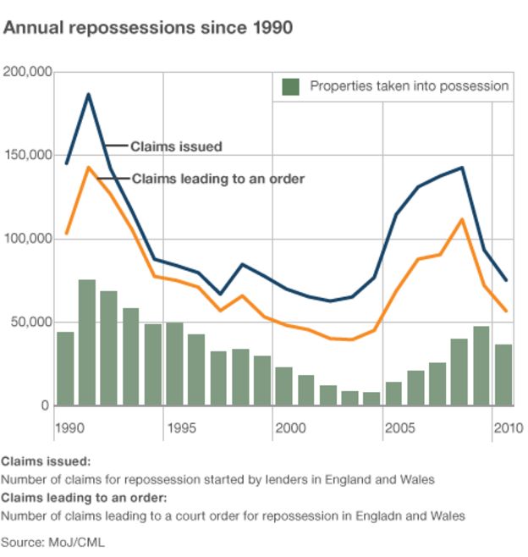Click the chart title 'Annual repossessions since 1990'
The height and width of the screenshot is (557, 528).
[149, 28]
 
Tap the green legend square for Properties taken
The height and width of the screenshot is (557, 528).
[291, 86]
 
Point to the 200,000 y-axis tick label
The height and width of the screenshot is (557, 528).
[28, 72]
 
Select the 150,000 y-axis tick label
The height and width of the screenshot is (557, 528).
[28, 156]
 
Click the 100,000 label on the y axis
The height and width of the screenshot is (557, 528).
[28, 240]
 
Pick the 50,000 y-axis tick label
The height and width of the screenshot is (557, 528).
[31, 323]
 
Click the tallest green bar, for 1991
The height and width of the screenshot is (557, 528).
[87, 343]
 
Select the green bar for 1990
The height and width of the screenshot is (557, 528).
[65, 369]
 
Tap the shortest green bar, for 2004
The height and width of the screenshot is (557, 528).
[371, 399]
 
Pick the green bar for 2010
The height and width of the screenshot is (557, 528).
[503, 375]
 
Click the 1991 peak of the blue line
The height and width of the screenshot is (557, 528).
[87, 95]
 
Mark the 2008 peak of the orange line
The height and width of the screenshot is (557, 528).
[460, 220]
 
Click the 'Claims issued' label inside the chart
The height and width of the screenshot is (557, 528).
[176, 146]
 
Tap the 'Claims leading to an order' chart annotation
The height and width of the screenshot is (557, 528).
[217, 179]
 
